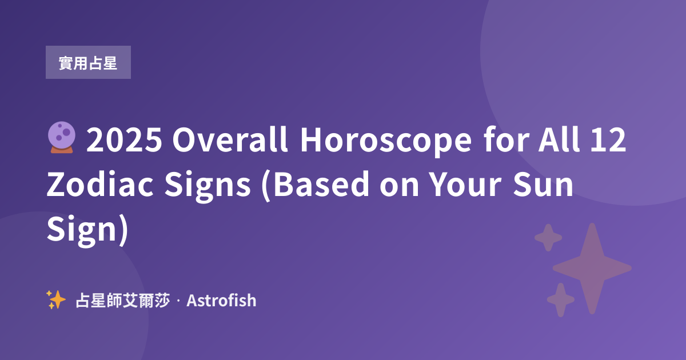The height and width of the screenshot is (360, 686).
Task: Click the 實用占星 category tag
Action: coord(88,62)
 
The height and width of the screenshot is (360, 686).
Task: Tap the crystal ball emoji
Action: coord(62,138)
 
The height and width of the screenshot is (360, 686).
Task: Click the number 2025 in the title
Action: coord(124,139)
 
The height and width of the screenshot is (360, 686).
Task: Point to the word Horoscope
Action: coord(386,141)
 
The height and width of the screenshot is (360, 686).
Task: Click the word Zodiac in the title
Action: coord(100,183)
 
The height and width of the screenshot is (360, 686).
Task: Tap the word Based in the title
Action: coord(321,183)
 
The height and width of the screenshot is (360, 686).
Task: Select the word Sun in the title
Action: coord(543,183)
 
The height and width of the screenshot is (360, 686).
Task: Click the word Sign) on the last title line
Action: coord(87,230)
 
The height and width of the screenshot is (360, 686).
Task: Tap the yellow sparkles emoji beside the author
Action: coord(56,299)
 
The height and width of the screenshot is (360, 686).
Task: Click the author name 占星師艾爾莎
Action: coord(122,301)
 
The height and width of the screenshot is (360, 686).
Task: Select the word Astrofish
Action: coord(221,301)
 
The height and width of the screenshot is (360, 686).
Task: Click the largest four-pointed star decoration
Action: coord(592,269)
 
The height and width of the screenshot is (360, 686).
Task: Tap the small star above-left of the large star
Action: coord(548,238)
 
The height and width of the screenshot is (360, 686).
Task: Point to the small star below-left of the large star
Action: coord(561,299)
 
